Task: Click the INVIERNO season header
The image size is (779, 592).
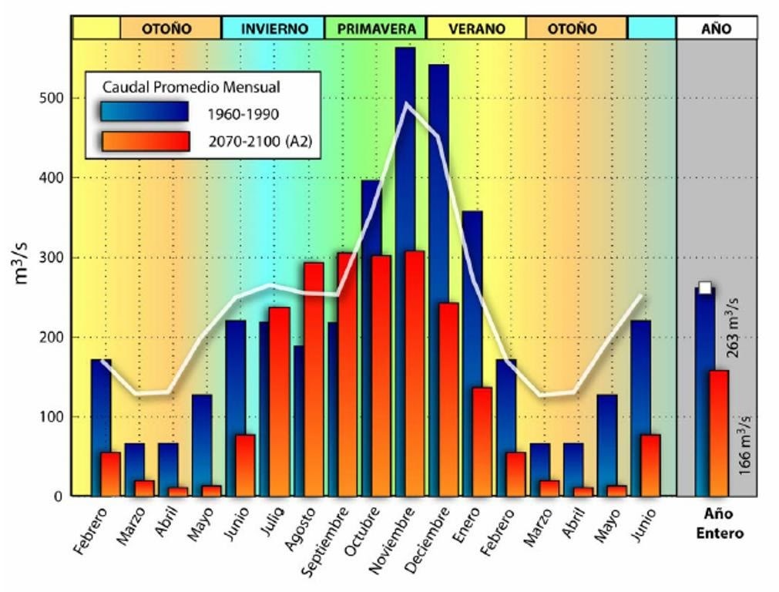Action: tap(274, 29)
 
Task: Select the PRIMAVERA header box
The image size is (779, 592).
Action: tap(376, 29)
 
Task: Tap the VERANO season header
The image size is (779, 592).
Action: tap(476, 29)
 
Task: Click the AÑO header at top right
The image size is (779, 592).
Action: tap(717, 29)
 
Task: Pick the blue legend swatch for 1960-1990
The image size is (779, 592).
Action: tap(145, 113)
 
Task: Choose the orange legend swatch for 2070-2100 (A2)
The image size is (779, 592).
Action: tap(145, 141)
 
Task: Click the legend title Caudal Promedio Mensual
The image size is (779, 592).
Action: tap(191, 86)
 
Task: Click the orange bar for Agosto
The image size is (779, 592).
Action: tap(314, 378)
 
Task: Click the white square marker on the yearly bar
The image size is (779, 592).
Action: tap(704, 288)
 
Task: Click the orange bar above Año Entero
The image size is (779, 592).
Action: tap(718, 432)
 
